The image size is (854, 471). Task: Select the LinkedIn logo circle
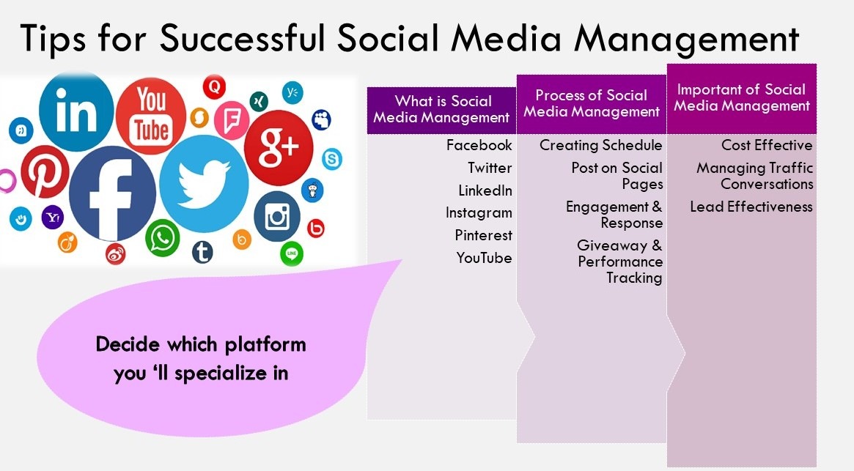76,110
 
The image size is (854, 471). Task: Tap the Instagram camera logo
277,217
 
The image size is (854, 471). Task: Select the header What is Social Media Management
442,109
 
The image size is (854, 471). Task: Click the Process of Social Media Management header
592,103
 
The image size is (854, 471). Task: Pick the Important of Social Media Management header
741,97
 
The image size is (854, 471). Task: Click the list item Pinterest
483,235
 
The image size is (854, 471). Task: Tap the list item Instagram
479,212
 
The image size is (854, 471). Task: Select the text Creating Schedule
600,145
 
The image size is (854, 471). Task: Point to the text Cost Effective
767,145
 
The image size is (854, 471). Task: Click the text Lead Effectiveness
751,207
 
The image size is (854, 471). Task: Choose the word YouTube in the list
484,258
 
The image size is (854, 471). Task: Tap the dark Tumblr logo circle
202,253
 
